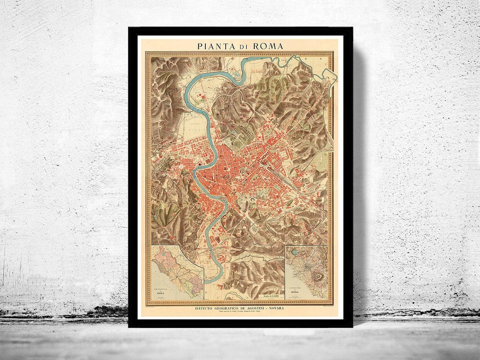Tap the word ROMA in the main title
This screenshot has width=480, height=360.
click(268, 46)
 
